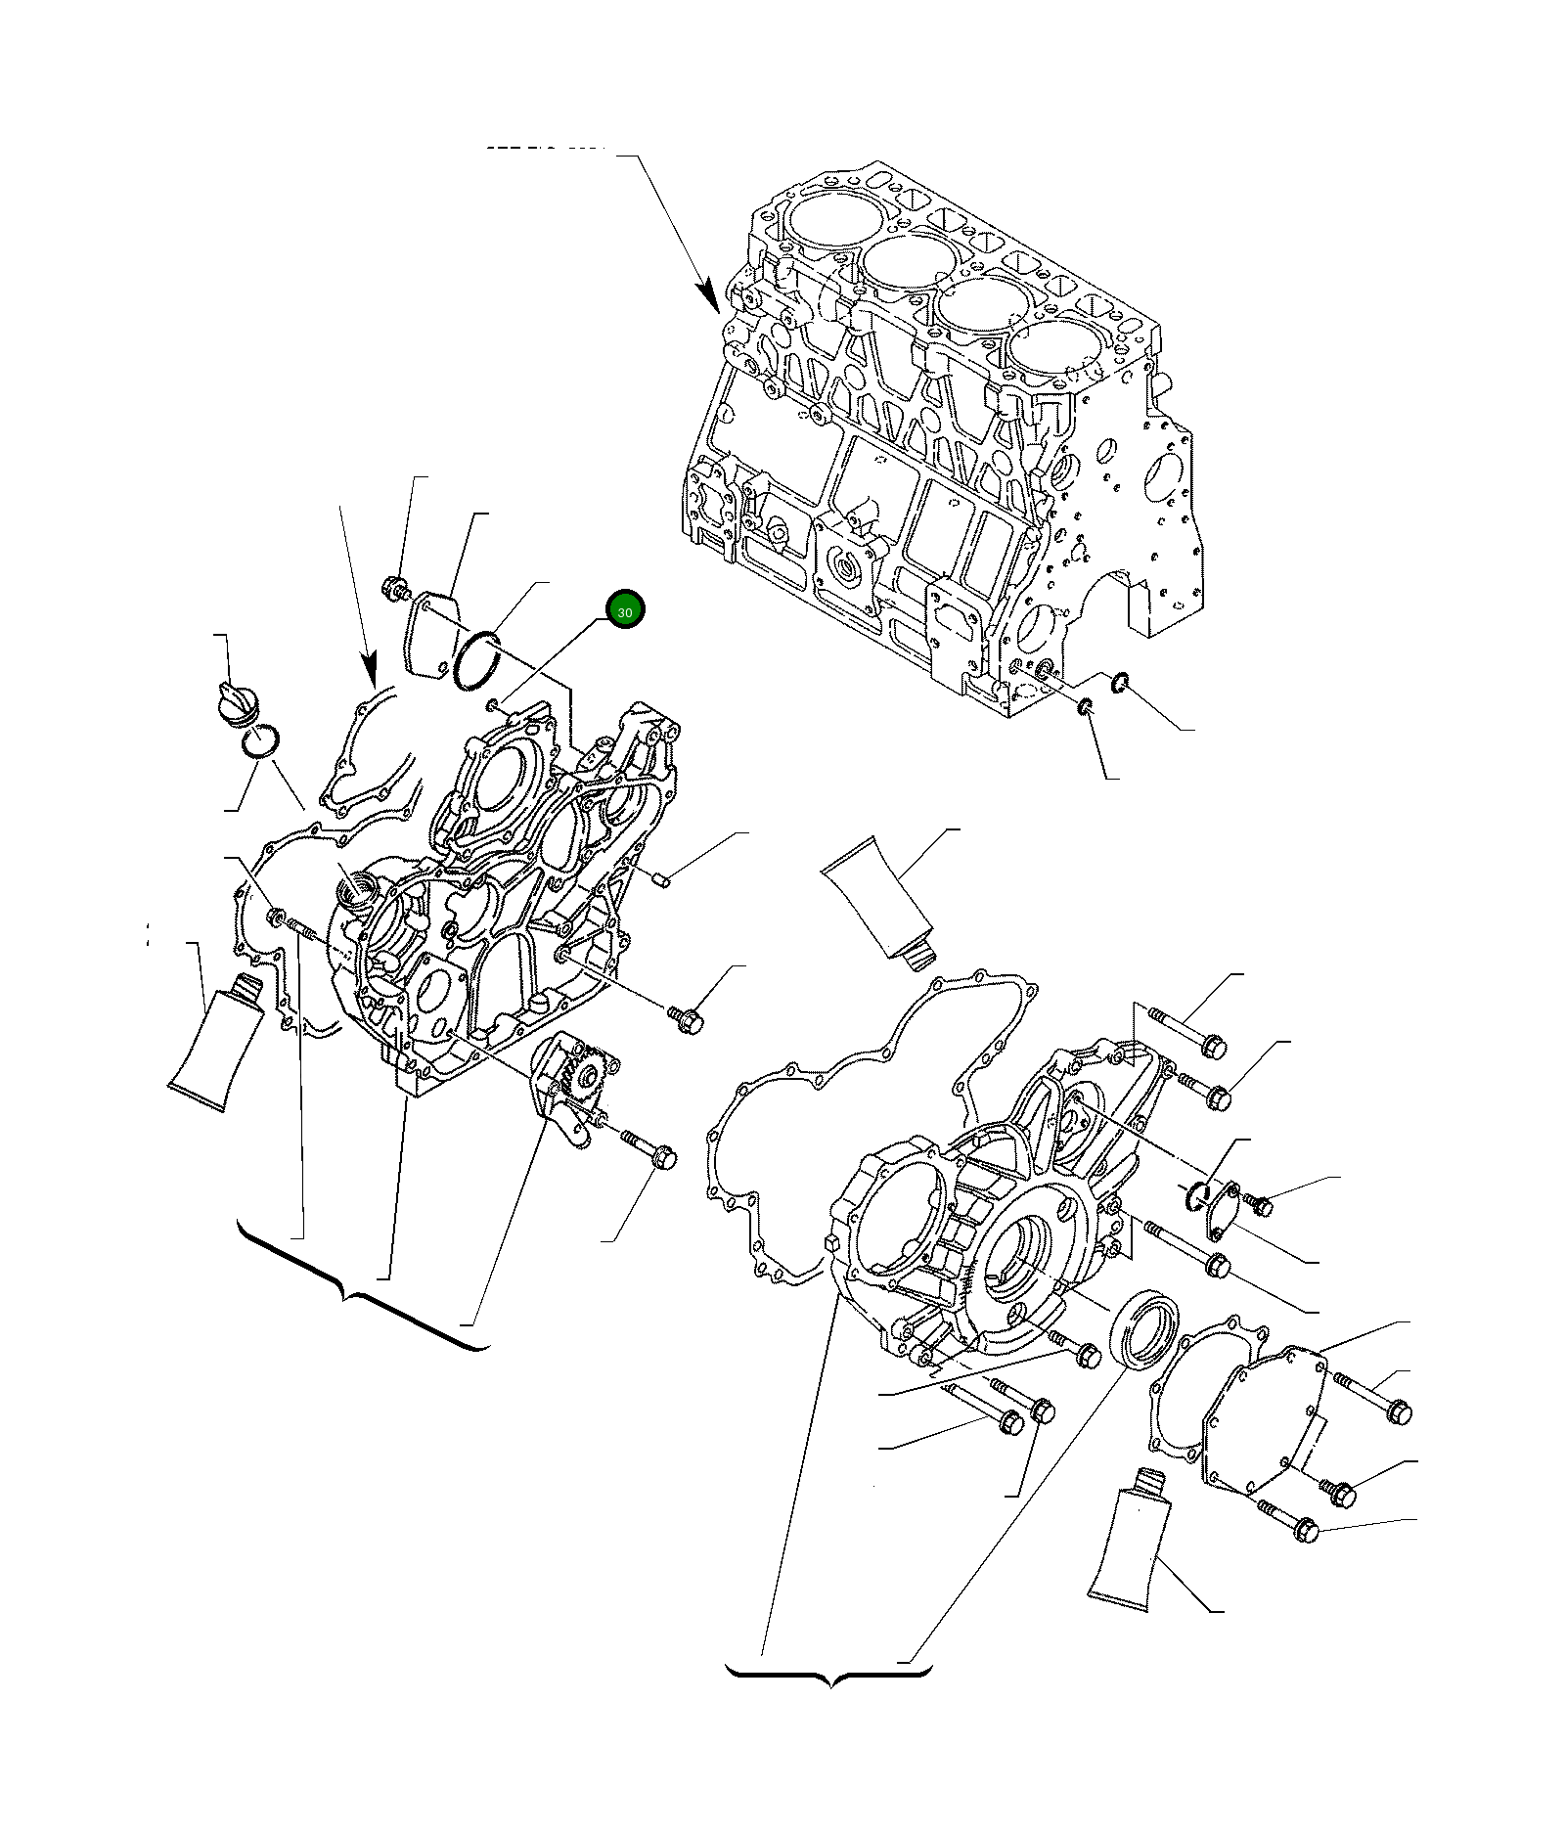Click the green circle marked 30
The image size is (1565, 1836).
[625, 610]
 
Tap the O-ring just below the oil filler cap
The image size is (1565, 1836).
[261, 741]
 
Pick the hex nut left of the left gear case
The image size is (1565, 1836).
[276, 917]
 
